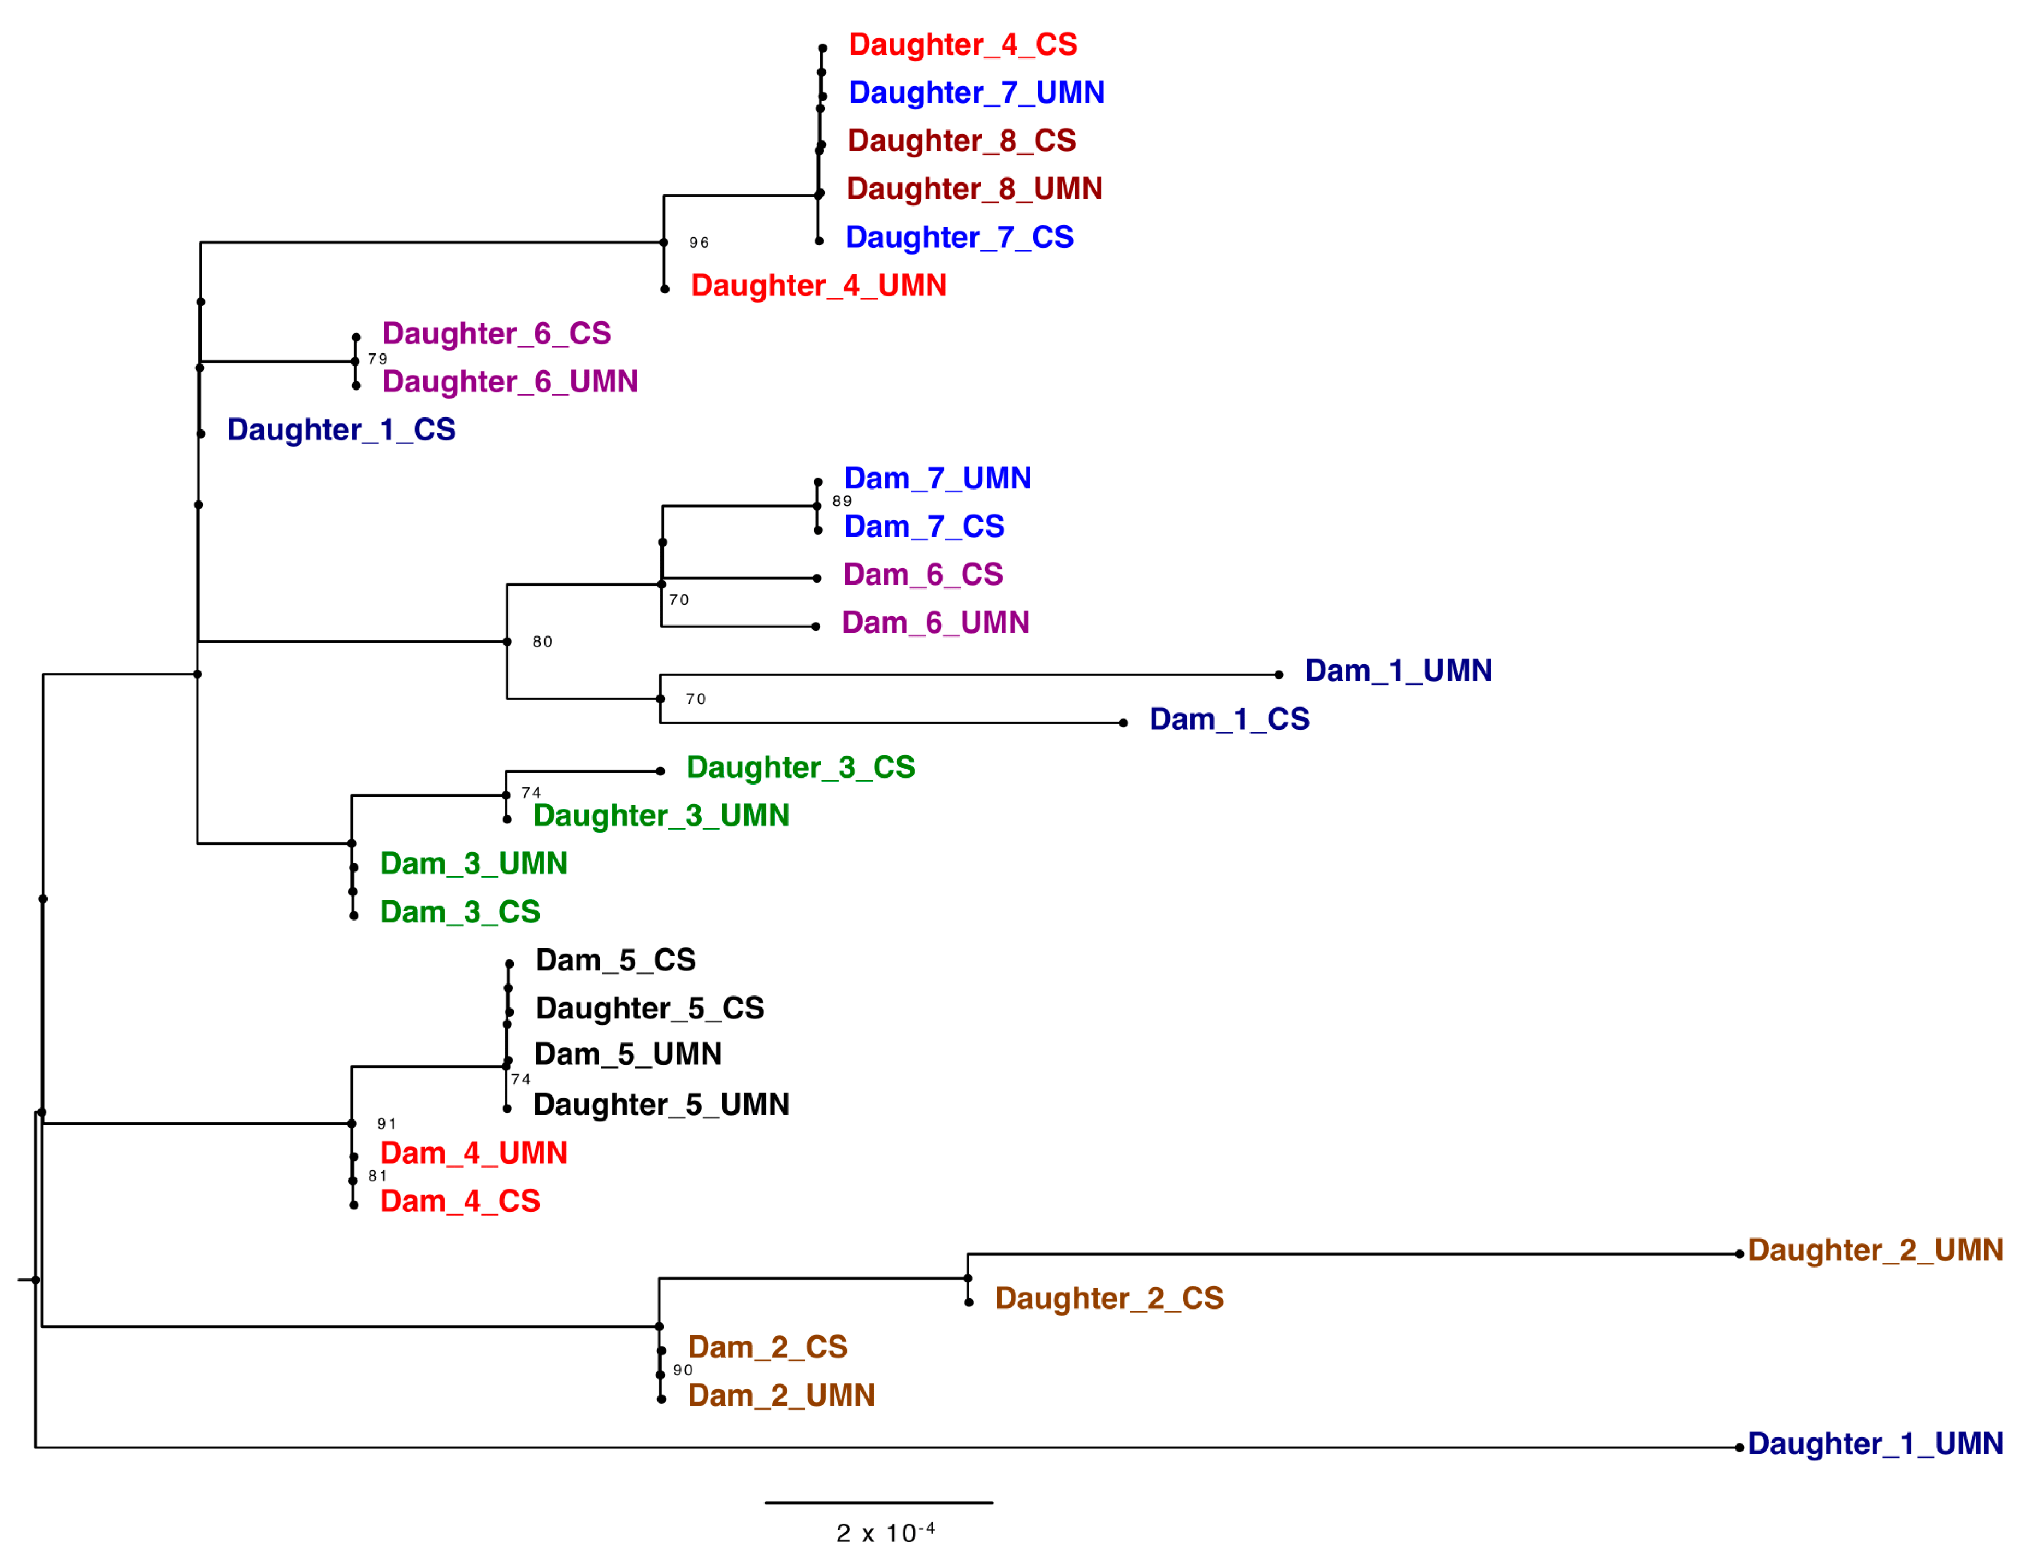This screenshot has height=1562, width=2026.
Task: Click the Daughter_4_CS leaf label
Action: tap(962, 45)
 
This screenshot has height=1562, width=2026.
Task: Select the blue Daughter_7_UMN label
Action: tap(976, 93)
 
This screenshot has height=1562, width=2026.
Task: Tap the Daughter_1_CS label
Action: tap(340, 430)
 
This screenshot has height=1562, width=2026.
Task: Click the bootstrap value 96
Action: tap(698, 243)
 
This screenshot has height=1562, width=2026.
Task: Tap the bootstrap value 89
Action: tap(842, 501)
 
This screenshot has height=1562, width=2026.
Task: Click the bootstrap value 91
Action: tap(386, 1124)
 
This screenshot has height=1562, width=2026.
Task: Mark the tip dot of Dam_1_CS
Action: tap(1122, 723)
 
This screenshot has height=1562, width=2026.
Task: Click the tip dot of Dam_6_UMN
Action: tap(815, 627)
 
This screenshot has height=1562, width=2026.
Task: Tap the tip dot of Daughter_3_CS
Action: tap(660, 771)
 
